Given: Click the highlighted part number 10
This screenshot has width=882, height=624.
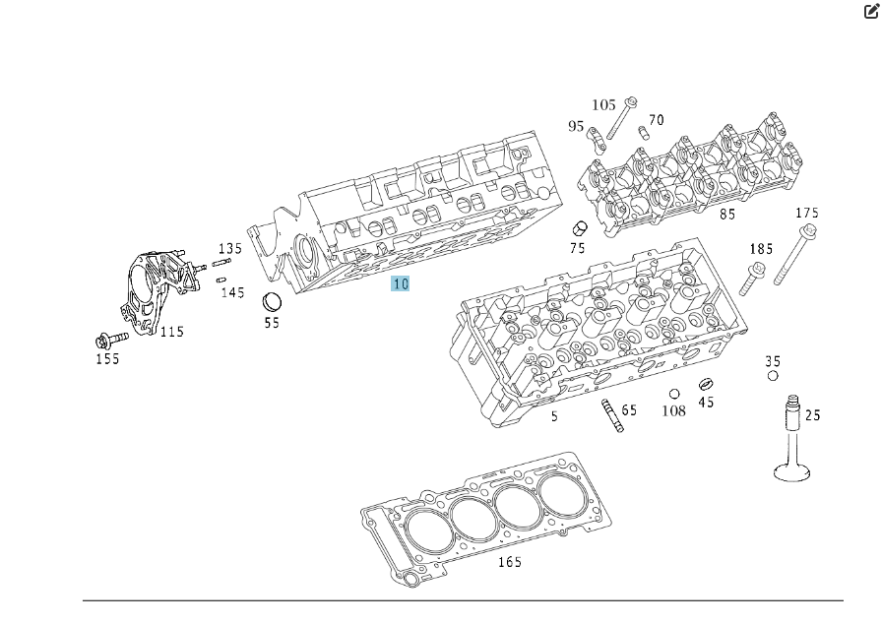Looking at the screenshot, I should [400, 283].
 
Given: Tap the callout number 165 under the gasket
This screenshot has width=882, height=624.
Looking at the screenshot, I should [509, 562].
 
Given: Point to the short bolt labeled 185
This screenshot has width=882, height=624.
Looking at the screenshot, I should [753, 279].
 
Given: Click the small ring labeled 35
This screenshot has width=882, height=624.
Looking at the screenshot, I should [773, 375].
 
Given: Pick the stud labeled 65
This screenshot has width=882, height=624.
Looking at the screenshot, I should [611, 416].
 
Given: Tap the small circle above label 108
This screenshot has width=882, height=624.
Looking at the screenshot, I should [674, 395].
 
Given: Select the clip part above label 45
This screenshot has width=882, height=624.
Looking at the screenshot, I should [705, 384].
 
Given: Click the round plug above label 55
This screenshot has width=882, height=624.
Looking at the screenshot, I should [272, 301].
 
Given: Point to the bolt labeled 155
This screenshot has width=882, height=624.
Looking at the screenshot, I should [107, 341].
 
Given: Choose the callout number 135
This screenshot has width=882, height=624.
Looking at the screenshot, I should [230, 248].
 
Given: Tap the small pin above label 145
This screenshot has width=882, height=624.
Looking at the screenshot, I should [221, 279].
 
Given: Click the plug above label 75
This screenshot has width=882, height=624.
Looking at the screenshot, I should [580, 228].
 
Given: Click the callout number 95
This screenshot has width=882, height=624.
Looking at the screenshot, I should [576, 126].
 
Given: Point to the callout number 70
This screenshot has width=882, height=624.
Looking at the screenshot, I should [656, 120].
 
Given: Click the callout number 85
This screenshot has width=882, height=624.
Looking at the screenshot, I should [727, 213].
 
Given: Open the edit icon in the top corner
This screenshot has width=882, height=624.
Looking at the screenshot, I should [871, 12].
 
